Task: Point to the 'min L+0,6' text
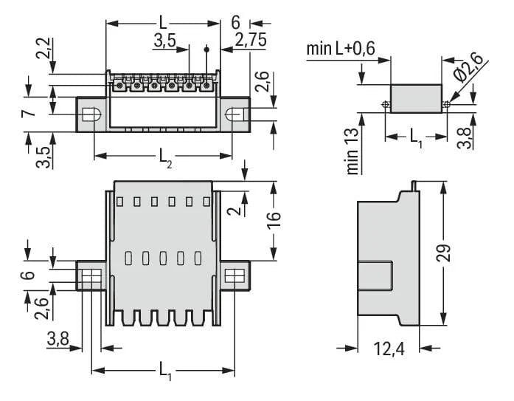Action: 341,49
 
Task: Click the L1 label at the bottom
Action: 164,376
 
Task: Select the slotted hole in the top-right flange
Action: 233,115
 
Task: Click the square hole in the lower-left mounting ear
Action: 90,278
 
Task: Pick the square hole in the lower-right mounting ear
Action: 234,278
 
